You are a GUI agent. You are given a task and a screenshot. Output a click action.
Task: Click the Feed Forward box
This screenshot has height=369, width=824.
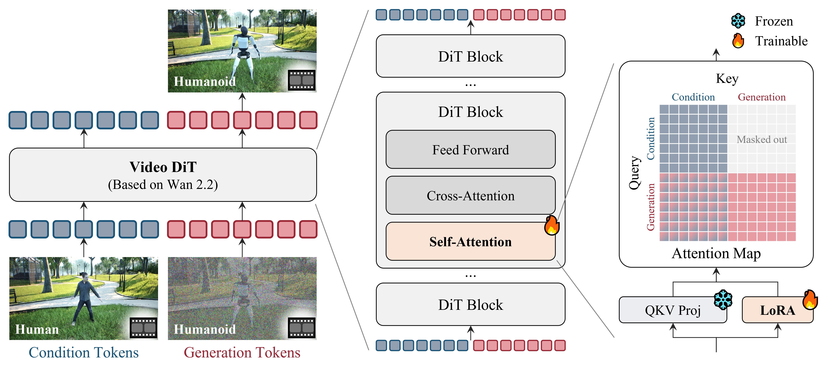point(470,150)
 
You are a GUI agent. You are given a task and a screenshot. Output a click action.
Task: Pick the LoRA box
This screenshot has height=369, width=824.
point(777,310)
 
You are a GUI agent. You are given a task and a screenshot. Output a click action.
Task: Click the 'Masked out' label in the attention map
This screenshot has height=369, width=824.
point(762,139)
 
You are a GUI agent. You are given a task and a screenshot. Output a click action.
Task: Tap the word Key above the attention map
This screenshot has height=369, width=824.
point(727,78)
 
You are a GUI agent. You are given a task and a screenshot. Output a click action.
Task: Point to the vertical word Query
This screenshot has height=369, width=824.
point(634,173)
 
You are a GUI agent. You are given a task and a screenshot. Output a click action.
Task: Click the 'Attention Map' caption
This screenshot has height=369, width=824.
point(716,253)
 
